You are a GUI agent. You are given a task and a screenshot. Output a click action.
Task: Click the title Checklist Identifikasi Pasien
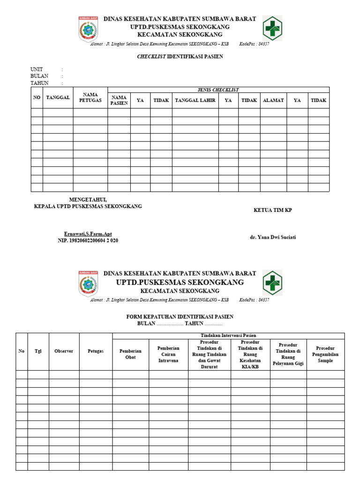point(180,57)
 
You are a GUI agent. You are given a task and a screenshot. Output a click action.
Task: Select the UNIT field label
point(37,69)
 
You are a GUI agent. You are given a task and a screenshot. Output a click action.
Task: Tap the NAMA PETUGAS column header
point(90,97)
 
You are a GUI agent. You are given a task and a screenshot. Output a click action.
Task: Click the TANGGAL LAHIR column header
point(195,100)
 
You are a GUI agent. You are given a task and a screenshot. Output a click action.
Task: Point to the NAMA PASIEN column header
point(119,100)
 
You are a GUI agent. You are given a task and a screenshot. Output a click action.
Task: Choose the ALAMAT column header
point(273,100)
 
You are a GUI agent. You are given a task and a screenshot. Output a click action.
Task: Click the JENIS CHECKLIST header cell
point(218,90)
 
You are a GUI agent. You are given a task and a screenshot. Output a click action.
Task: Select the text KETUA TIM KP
point(272,210)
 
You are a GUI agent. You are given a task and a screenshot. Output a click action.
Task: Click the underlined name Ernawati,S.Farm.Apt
point(88,234)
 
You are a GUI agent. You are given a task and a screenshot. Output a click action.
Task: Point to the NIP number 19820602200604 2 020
point(88,240)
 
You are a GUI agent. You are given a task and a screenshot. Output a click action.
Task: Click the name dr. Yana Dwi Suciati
point(273,237)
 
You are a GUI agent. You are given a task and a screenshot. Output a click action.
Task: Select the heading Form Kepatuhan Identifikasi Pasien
point(180,317)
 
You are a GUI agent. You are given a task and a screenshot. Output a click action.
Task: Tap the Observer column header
point(64,351)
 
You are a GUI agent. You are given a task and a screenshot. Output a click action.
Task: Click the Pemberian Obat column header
point(130,354)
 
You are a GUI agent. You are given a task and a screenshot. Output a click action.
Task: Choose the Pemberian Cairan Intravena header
point(168,354)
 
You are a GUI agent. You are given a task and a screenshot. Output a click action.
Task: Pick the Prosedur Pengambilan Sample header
point(325,354)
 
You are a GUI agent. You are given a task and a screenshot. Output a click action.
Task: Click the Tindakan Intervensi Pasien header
point(228,335)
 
